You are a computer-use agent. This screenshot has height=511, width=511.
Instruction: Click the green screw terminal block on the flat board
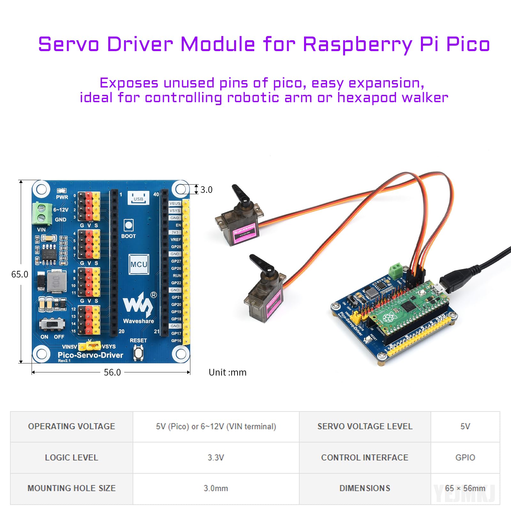[x=42, y=213]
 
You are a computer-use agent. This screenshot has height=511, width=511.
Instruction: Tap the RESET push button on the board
[x=138, y=353]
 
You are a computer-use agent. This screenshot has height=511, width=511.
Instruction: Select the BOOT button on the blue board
[x=128, y=225]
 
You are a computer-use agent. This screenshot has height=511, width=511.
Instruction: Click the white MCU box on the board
[x=139, y=264]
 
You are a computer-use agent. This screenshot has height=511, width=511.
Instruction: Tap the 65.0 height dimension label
[x=19, y=274]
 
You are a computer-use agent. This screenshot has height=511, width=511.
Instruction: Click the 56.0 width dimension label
[x=112, y=372]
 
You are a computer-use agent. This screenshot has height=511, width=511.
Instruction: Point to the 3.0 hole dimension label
[x=206, y=190]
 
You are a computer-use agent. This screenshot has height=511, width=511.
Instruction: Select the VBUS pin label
[x=175, y=203]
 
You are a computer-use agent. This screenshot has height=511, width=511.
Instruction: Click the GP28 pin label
[x=176, y=247]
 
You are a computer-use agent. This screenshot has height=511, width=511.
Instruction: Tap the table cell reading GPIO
[x=465, y=457]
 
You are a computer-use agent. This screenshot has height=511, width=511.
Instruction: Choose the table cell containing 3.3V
[x=216, y=457]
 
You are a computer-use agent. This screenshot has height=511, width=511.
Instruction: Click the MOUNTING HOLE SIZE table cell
[x=72, y=488]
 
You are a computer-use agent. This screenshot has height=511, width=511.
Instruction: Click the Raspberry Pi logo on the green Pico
[x=388, y=317]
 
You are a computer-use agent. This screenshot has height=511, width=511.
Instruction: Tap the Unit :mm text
[x=227, y=372]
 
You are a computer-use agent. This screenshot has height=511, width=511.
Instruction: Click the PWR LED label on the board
[x=62, y=197]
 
